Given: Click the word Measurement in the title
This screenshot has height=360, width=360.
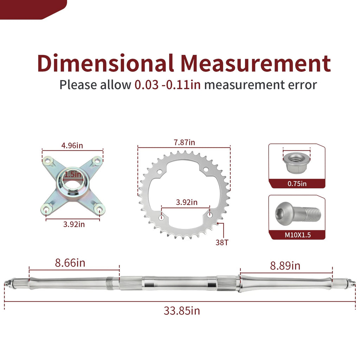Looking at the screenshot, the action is pyautogui.click(x=256, y=63).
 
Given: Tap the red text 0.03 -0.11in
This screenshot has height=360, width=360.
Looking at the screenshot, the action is pyautogui.click(x=167, y=85).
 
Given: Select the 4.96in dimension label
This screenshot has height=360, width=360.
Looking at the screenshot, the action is pyautogui.click(x=72, y=146).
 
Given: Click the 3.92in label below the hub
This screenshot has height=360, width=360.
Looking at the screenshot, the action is pyautogui.click(x=74, y=224).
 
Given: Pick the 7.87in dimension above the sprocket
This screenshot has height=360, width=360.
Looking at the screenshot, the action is pyautogui.click(x=184, y=142).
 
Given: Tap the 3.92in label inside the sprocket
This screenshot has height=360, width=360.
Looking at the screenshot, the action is pyautogui.click(x=187, y=202).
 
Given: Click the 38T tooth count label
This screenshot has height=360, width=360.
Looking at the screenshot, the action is pyautogui.click(x=222, y=243).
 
